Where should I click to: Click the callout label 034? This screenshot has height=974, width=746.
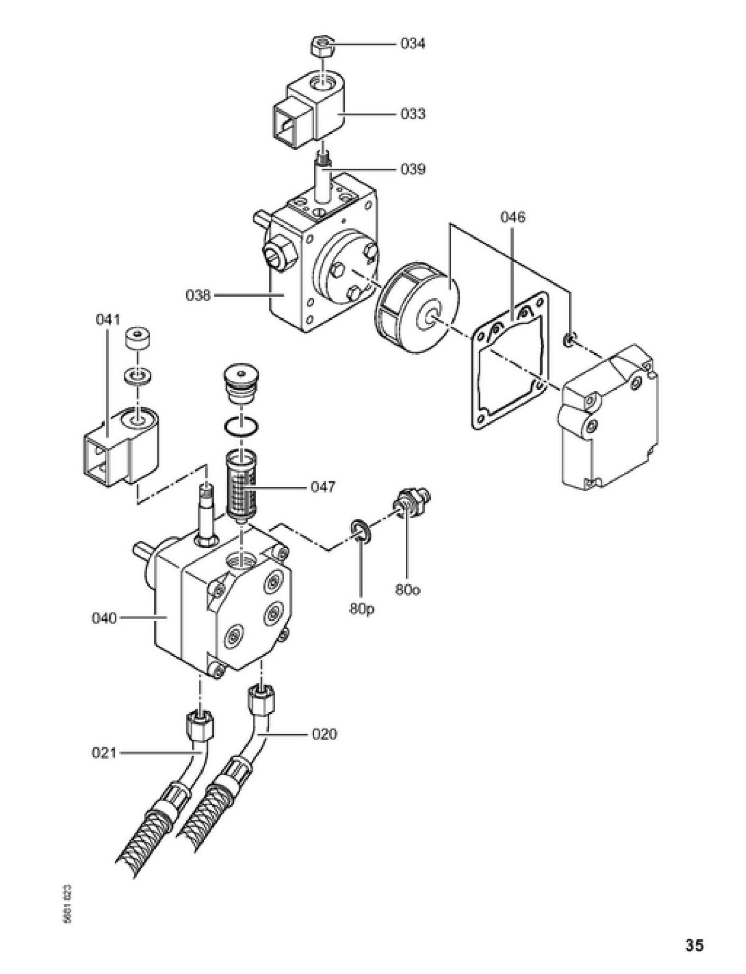tap(412, 43)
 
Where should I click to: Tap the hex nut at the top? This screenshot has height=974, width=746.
tap(321, 46)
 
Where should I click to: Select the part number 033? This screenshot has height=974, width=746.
tap(412, 114)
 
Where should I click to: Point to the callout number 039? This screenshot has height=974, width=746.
tap(412, 169)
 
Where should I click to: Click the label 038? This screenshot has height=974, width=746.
tap(198, 295)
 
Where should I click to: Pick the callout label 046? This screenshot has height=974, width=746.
tap(513, 217)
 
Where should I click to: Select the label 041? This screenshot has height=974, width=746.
tap(108, 319)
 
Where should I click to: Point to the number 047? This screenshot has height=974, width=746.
tap(322, 486)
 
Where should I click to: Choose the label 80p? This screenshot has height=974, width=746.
tap(361, 609)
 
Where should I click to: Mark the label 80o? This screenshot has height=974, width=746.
tap(408, 590)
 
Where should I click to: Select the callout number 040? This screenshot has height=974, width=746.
tap(104, 618)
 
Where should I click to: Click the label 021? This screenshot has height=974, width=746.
tap(104, 752)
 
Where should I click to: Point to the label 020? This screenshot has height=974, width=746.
tap(324, 734)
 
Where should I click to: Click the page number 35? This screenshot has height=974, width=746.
tap(694, 944)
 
